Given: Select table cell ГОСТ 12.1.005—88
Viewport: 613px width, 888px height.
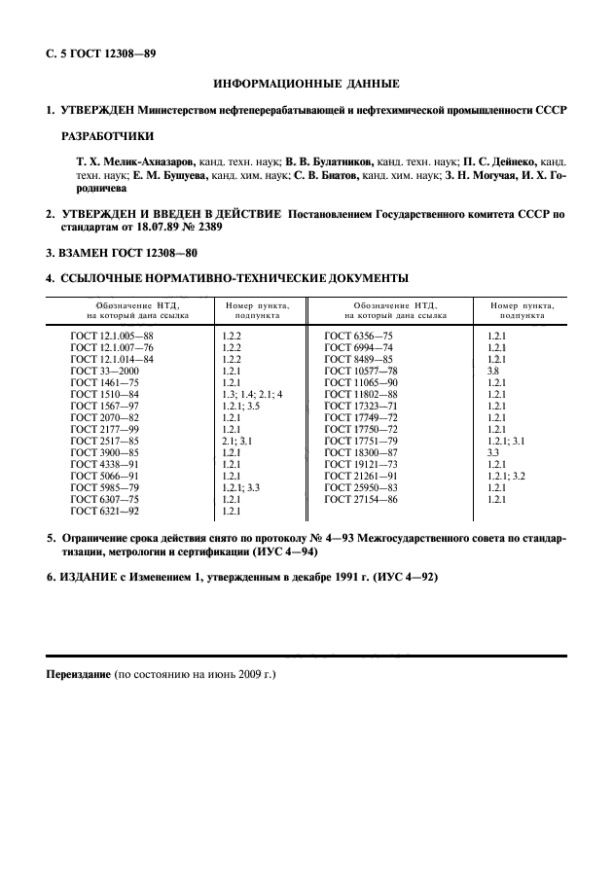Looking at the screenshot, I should (112, 335).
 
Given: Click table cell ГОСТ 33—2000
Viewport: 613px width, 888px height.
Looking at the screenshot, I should (104, 371).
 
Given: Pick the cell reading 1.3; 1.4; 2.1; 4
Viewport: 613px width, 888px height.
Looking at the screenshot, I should (252, 394).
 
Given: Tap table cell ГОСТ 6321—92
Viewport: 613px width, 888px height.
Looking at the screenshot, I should (105, 511).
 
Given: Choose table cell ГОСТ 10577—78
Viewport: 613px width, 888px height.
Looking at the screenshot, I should (361, 371).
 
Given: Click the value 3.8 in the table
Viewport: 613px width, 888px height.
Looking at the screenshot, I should (493, 371).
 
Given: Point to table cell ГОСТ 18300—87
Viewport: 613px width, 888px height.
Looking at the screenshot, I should (361, 452).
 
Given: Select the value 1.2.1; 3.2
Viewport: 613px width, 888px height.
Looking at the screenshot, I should (506, 476).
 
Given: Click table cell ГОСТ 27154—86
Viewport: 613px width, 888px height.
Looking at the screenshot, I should (361, 499).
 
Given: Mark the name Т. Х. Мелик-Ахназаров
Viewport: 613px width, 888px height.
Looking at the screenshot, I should (136, 158).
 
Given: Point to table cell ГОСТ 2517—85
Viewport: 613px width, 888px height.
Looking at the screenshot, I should (105, 441).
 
